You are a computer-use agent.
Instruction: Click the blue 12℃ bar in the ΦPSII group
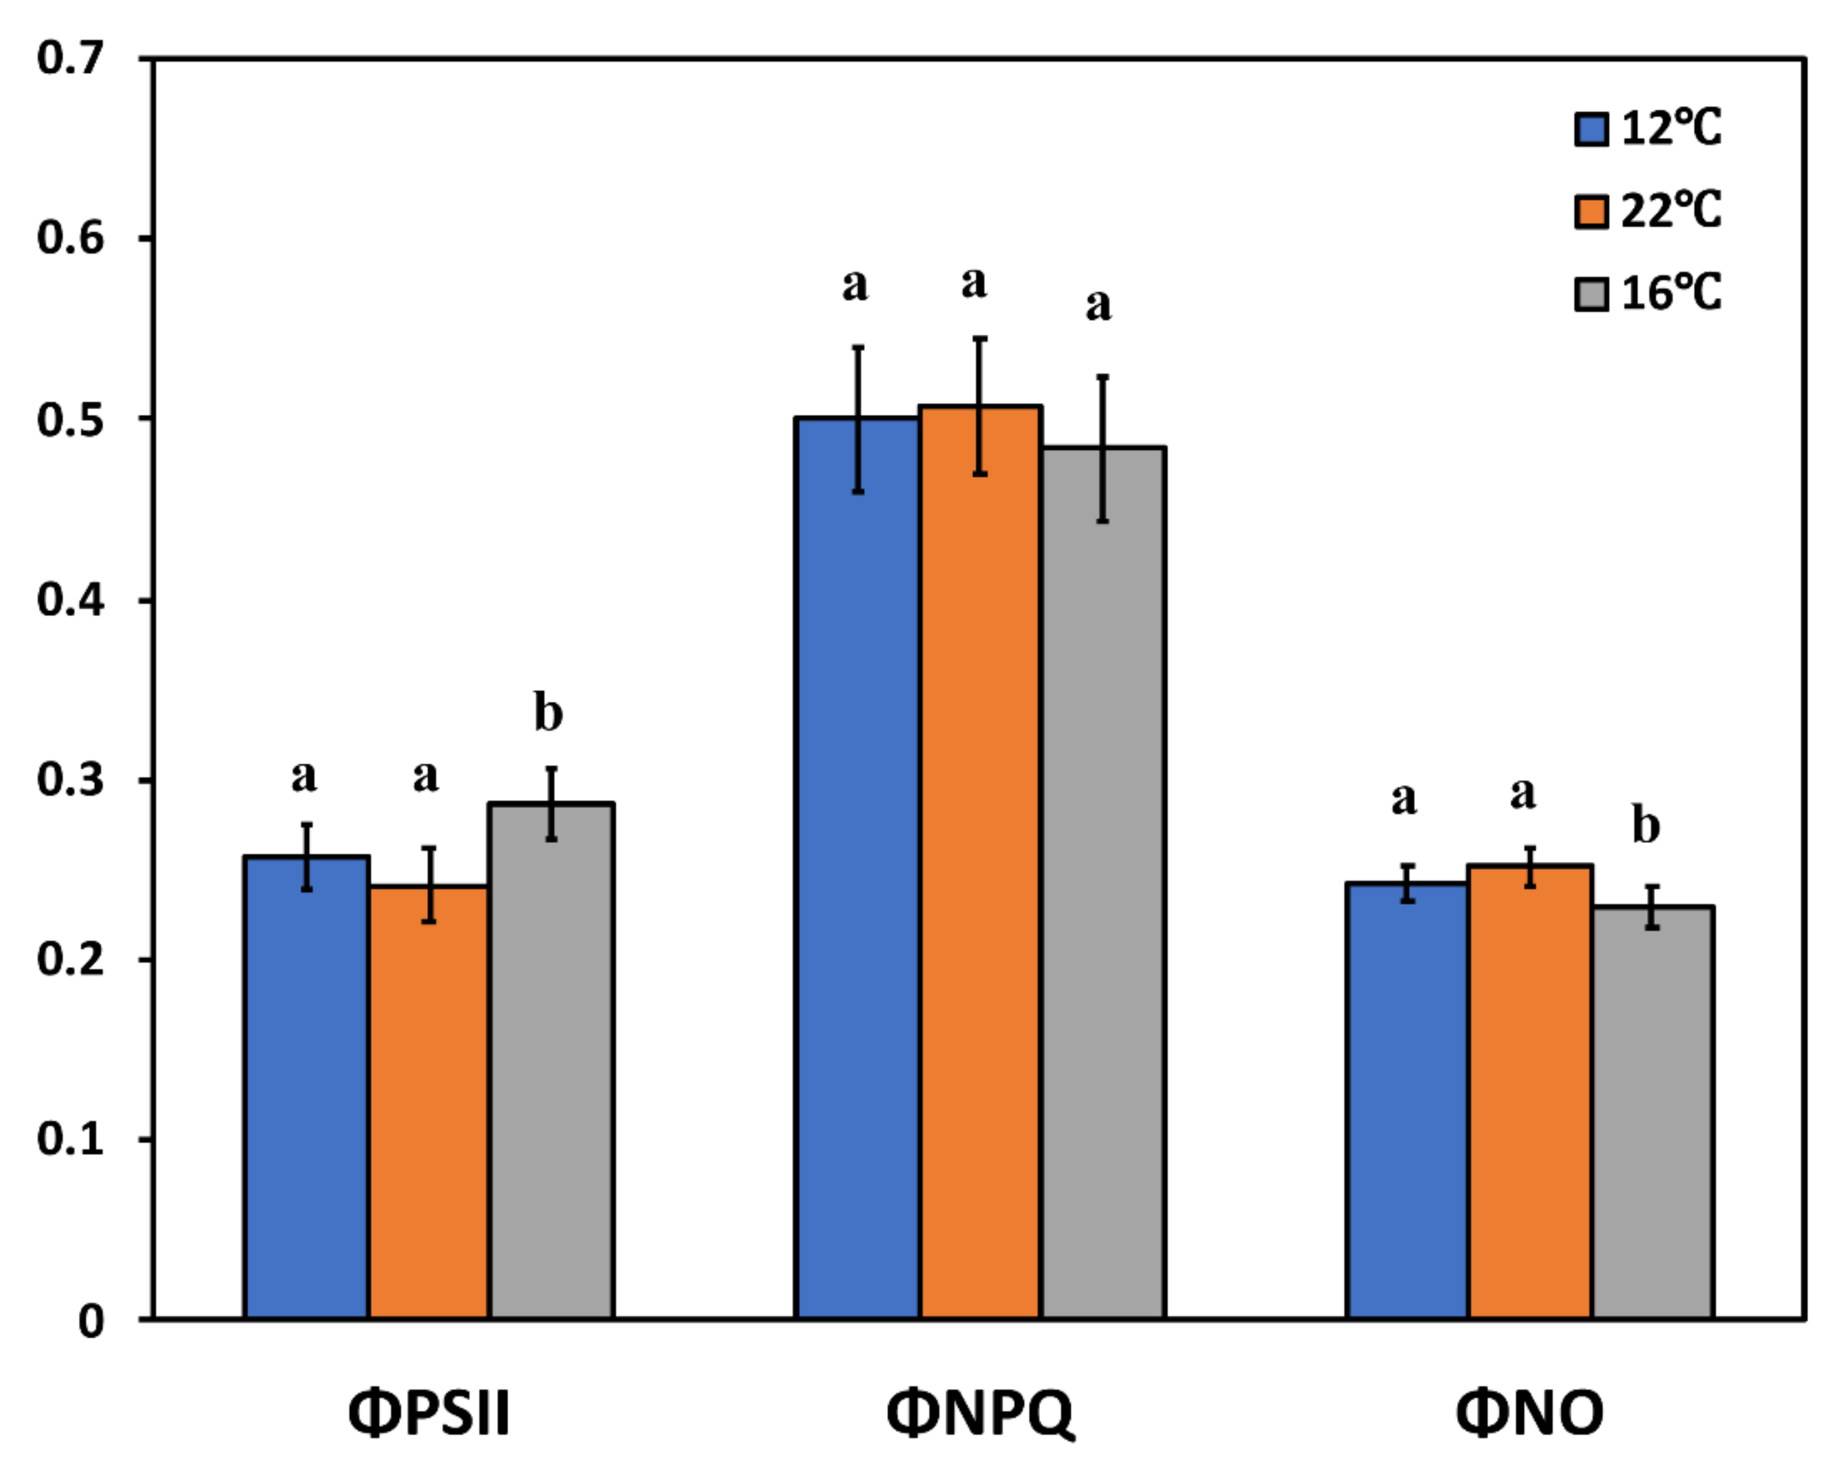point(306,1088)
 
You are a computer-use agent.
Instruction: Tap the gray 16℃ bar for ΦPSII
point(551,1063)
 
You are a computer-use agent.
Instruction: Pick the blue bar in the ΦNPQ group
point(856,866)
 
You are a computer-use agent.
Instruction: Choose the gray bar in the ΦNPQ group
point(1103,883)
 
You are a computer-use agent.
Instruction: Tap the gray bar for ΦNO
point(1653,1115)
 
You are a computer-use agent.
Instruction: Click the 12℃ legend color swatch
point(1592,130)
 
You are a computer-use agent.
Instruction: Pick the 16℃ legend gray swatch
point(1592,293)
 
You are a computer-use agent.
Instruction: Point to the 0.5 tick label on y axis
point(70,420)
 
